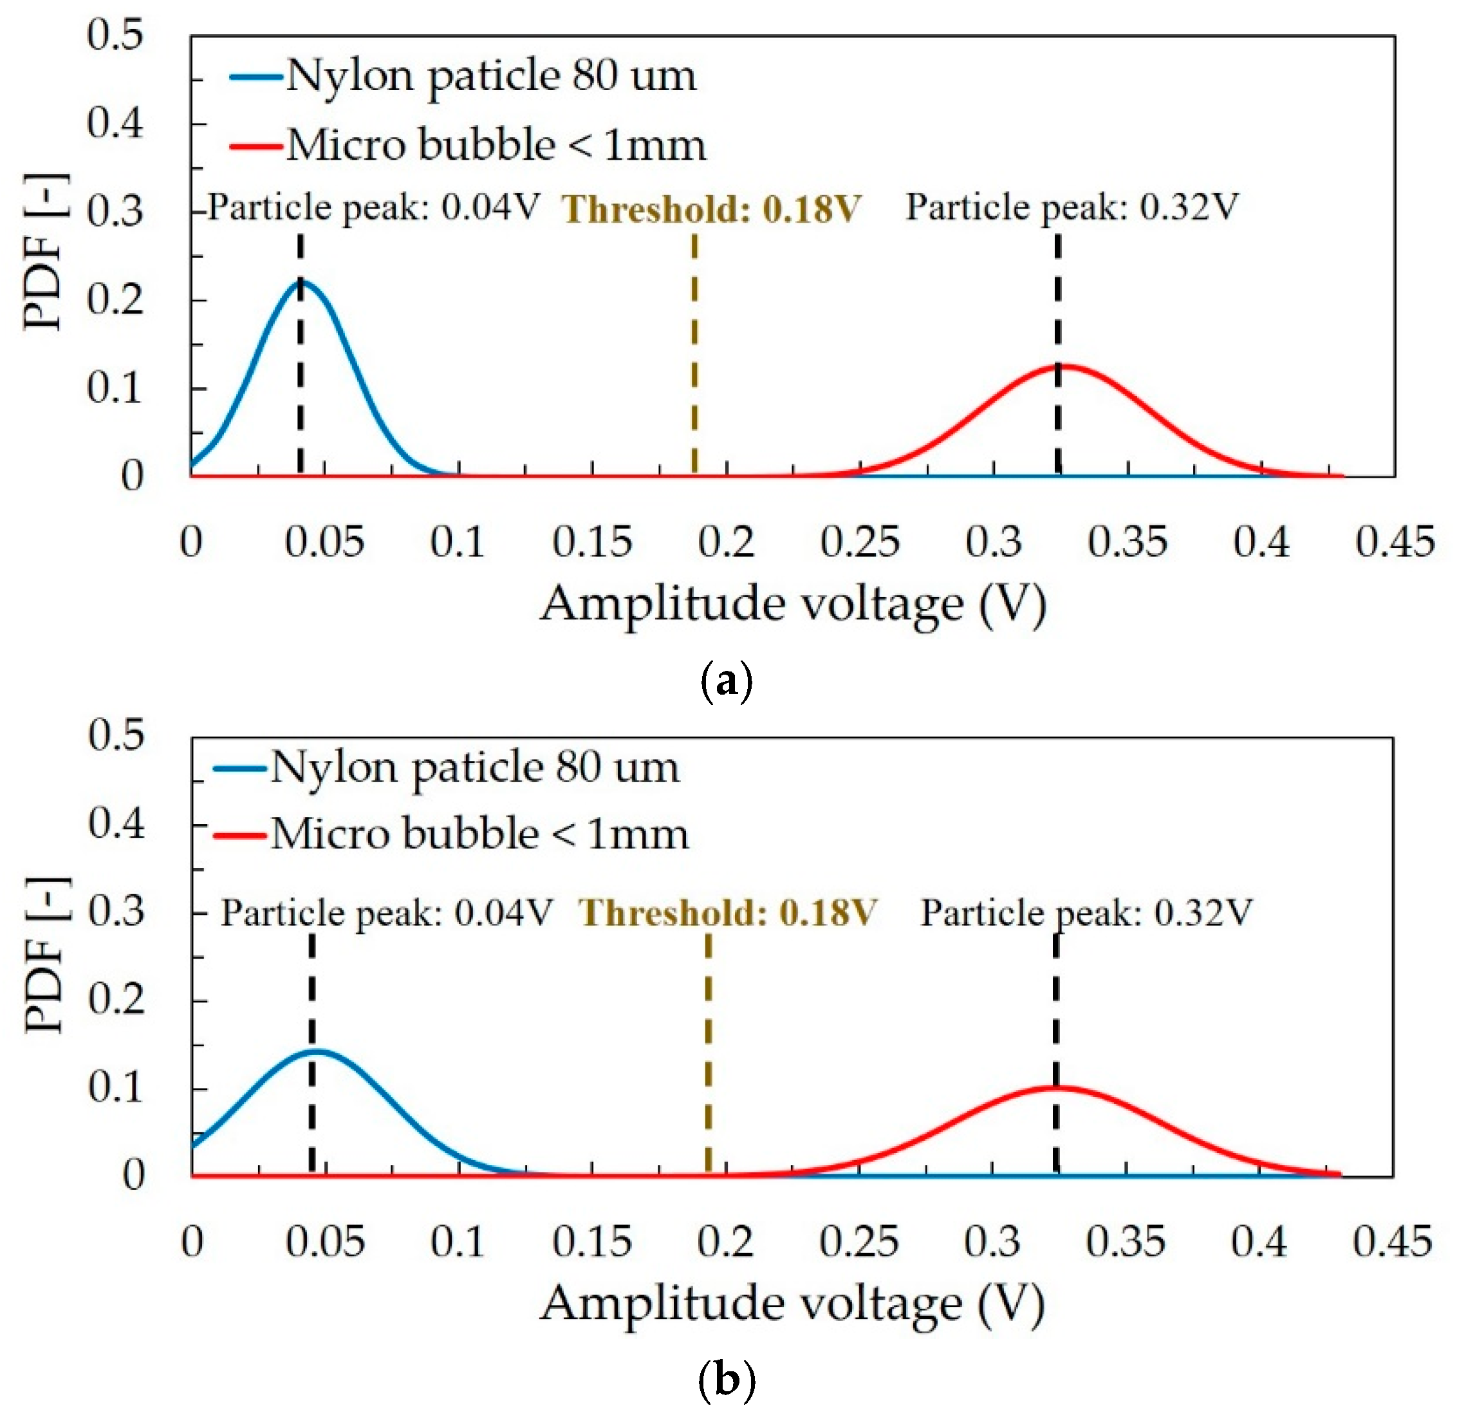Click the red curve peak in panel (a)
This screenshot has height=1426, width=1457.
click(x=1063, y=366)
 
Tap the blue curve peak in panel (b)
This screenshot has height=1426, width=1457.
click(x=317, y=1051)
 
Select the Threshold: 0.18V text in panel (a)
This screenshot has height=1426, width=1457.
click(x=710, y=209)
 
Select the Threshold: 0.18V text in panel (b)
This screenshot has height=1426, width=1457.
click(x=727, y=913)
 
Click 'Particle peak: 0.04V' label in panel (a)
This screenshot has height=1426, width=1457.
click(x=373, y=207)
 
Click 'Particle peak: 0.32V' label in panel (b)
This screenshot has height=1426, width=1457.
click(x=1086, y=913)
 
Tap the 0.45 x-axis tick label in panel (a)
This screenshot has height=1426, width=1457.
click(x=1394, y=542)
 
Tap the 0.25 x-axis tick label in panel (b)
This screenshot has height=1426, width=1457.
click(x=858, y=1243)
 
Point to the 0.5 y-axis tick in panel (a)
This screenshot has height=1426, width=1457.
click(x=115, y=35)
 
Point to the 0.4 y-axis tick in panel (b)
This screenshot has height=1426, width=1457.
click(x=116, y=825)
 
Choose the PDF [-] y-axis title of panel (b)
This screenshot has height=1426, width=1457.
click(x=46, y=955)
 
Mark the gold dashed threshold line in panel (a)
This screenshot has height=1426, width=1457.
click(x=695, y=352)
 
